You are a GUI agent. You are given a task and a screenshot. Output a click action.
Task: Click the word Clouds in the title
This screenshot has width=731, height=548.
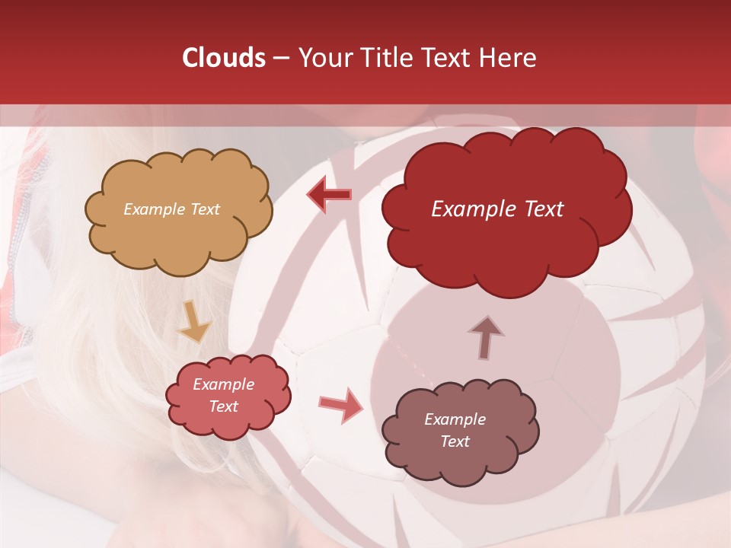pos(224,59)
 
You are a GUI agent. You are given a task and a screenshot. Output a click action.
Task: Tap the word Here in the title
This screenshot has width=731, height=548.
pos(509,59)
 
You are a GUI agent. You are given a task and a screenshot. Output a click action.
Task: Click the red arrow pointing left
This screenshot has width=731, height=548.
pos(329,195)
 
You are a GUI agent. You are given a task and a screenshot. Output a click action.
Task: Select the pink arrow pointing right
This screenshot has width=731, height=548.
pos(341,404)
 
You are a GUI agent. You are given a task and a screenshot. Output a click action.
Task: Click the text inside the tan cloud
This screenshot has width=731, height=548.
pos(171,209)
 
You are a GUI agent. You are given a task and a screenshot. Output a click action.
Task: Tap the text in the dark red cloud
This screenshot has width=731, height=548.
pos(497,209)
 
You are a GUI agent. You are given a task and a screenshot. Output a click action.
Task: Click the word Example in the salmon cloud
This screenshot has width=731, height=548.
pos(223,385)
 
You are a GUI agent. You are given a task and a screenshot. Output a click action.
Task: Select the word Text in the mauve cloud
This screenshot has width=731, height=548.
pos(455,441)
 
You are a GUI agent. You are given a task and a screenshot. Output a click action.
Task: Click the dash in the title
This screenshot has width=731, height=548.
pos(281,59)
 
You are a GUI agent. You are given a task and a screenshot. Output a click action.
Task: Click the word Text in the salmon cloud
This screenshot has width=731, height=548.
pos(223,406)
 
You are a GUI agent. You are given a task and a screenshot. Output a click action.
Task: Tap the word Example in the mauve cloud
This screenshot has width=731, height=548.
pos(455,419)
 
